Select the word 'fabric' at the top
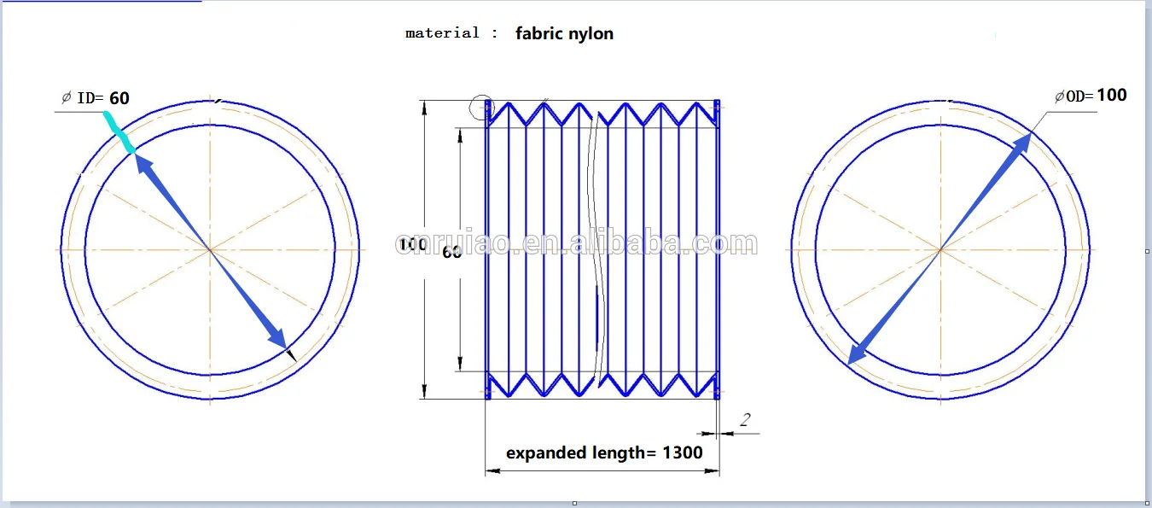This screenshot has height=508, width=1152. point(538,34)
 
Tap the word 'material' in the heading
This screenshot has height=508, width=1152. point(442,33)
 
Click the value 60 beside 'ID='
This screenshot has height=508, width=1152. point(119,98)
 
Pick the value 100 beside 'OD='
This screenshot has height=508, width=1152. point(1112,95)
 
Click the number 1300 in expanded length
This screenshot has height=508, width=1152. point(683,453)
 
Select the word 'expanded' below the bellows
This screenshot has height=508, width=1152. point(545,453)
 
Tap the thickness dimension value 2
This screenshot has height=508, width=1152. point(745,419)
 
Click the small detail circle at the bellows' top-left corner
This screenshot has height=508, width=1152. point(481,107)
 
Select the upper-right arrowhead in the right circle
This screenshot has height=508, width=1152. point(1020,147)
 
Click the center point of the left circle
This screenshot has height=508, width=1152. point(210,249)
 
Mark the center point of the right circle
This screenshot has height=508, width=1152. point(940,249)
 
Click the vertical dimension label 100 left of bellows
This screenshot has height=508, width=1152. point(414,245)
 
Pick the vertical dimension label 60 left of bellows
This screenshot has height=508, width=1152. point(452,252)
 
